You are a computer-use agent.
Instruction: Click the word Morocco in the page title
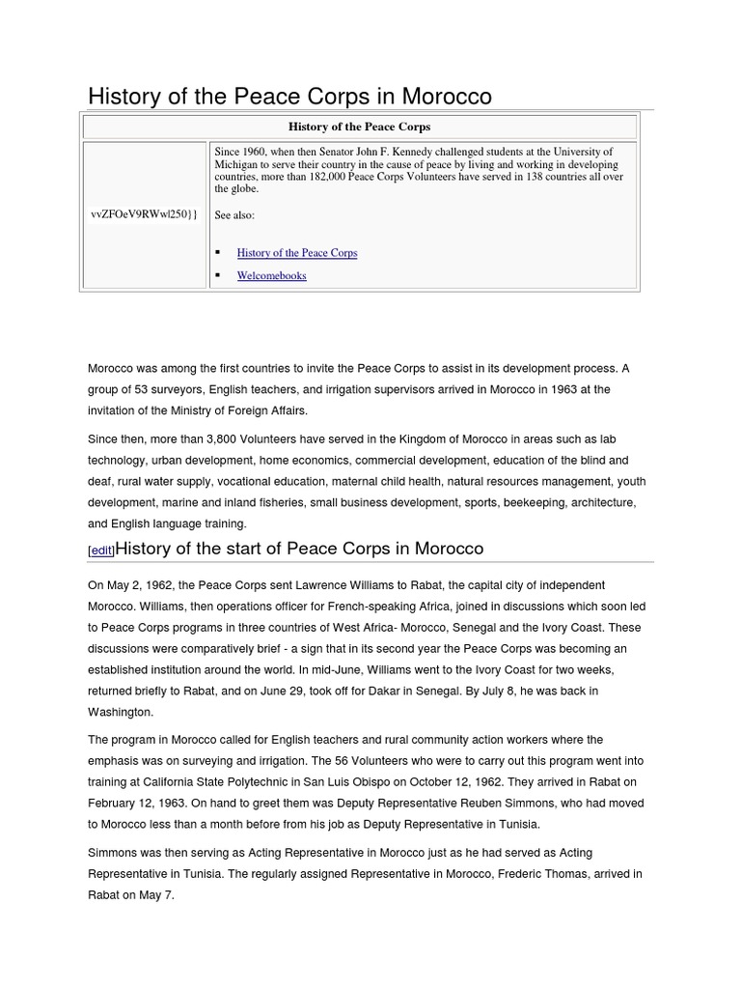pos(447,97)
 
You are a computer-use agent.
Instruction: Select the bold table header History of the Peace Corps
pos(359,127)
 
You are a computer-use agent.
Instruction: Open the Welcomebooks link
pos(271,275)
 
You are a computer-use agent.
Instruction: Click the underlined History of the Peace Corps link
pos(296,253)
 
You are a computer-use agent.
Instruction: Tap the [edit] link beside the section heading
pos(101,551)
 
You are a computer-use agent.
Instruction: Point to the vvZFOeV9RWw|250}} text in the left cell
pos(144,213)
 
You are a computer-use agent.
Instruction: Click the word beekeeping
pos(535,502)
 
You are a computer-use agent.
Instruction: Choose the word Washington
pos(120,712)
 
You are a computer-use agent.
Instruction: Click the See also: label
pos(234,215)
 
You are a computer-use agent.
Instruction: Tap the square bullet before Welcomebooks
pos(217,275)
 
